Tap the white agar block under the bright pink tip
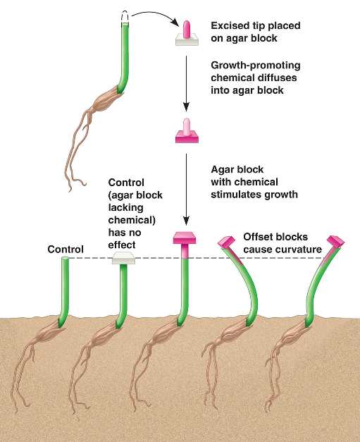[187, 40]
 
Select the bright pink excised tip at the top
[187, 30]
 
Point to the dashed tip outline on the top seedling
[125, 16]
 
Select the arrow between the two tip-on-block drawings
[186, 83]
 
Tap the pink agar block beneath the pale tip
[187, 137]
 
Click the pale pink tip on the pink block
[187, 126]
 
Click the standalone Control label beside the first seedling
[66, 249]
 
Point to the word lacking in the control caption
[125, 208]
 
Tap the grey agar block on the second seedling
[124, 258]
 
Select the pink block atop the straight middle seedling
[185, 238]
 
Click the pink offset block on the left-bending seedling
[226, 242]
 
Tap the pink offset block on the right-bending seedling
[335, 242]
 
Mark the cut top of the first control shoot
[65, 258]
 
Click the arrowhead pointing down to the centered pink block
[186, 221]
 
